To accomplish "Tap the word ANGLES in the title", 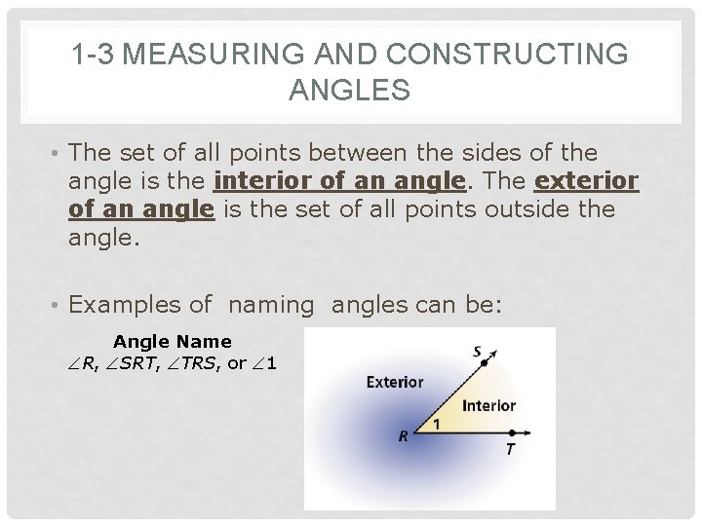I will (350, 92).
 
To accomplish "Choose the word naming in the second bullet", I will (272, 305).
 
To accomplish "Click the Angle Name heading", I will (173, 342).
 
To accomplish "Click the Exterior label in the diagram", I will (394, 382).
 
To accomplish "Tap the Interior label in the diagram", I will (488, 405).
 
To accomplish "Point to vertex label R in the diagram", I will (404, 437).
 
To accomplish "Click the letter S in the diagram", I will (478, 352).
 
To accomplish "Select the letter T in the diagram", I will (510, 449).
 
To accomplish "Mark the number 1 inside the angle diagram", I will (436, 424).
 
